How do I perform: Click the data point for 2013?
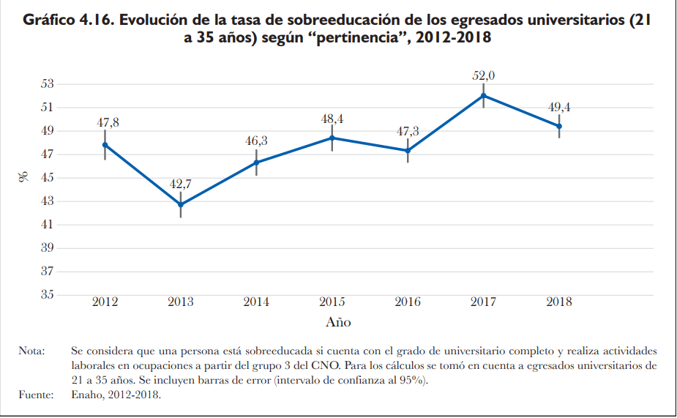(181, 204)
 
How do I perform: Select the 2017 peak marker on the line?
(483, 95)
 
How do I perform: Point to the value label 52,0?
(483, 75)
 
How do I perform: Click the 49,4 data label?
(559, 108)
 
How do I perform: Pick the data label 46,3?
(257, 141)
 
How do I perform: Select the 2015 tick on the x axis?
(332, 302)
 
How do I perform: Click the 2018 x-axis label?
(559, 302)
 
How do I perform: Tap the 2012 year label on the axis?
(105, 302)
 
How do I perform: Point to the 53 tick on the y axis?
(47, 83)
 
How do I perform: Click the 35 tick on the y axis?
(47, 295)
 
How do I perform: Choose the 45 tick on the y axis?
(47, 178)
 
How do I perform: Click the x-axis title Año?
(338, 322)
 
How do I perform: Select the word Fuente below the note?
(35, 395)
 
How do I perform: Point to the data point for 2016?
(408, 151)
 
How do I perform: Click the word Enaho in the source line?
(86, 395)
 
